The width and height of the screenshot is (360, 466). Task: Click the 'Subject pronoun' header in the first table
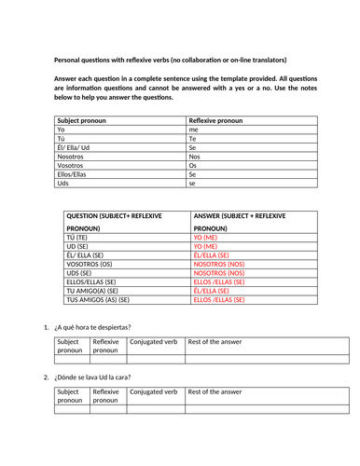pyautogui.click(x=84, y=122)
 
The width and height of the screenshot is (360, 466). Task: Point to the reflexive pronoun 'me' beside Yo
pyautogui.click(x=194, y=132)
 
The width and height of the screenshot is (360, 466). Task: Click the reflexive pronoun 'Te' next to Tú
pyautogui.click(x=193, y=143)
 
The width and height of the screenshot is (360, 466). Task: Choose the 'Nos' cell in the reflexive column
pyautogui.click(x=195, y=163)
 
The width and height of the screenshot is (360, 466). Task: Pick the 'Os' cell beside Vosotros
pyautogui.click(x=193, y=173)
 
